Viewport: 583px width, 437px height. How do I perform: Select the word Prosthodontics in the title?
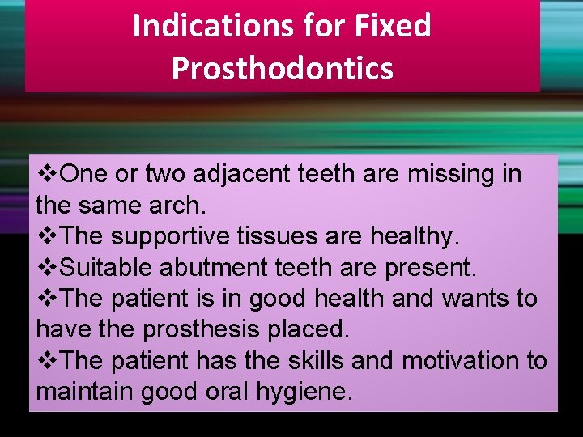(x=283, y=68)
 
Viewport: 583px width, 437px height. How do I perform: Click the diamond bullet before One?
(x=48, y=174)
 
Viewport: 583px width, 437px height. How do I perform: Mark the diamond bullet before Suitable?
(x=48, y=267)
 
